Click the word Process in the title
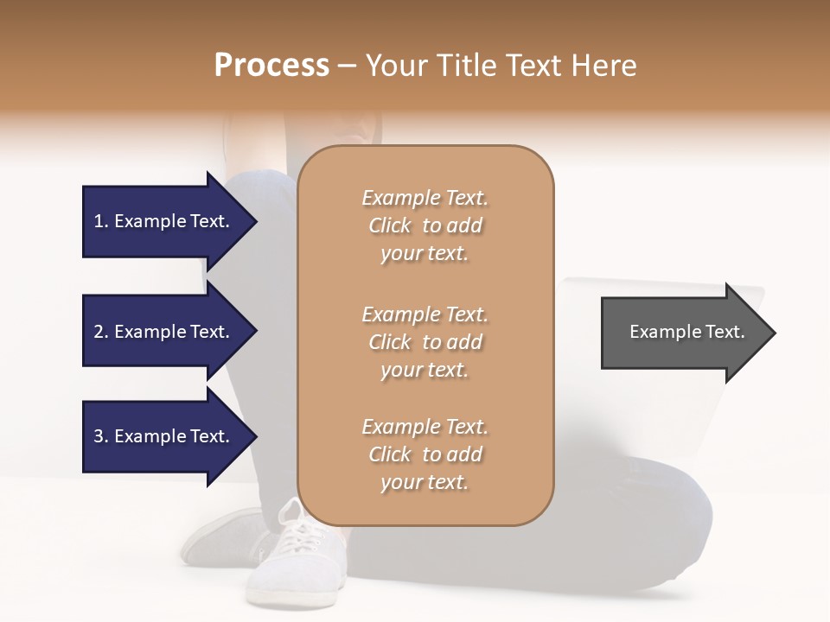pos(271,66)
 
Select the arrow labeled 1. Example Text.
pos(161,221)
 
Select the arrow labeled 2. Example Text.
pos(161,332)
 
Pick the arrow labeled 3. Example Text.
pos(161,436)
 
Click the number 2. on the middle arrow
pos(101,332)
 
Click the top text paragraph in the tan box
pos(425,225)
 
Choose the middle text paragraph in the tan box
pos(425,342)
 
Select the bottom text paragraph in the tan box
pos(425,454)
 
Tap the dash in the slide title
pos(348,66)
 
